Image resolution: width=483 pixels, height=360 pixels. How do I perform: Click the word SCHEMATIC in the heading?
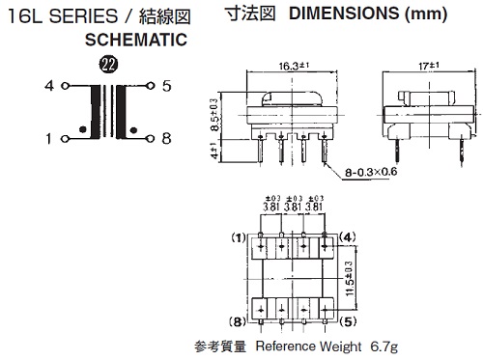coord(136,40)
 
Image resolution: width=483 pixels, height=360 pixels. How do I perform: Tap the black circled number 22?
coord(108,65)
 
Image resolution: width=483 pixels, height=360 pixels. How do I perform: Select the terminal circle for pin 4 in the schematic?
coord(65,86)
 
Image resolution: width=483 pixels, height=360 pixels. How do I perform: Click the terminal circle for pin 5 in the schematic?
coord(150,86)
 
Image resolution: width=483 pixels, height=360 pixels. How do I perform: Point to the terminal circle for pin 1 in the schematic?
coord(65,139)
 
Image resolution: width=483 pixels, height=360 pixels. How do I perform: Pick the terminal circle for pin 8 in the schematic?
coord(150,139)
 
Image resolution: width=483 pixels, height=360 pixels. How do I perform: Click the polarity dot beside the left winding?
coord(83,129)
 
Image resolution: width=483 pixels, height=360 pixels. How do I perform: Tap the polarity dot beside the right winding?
coord(133,130)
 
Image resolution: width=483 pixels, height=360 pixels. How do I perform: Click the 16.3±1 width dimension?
coord(294,66)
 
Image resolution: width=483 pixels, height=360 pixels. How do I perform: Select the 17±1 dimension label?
coord(429,66)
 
